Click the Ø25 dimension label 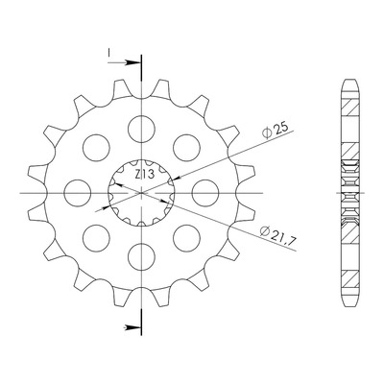click(275, 130)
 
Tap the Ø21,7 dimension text click(278, 235)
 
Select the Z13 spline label click(144, 175)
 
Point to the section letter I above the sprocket click(109, 53)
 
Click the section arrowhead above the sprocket click(132, 62)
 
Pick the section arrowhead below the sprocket click(132, 327)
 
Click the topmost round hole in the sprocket click(141, 129)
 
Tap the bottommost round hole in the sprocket click(141, 257)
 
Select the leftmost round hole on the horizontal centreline click(78, 193)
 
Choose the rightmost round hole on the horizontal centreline click(205, 193)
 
